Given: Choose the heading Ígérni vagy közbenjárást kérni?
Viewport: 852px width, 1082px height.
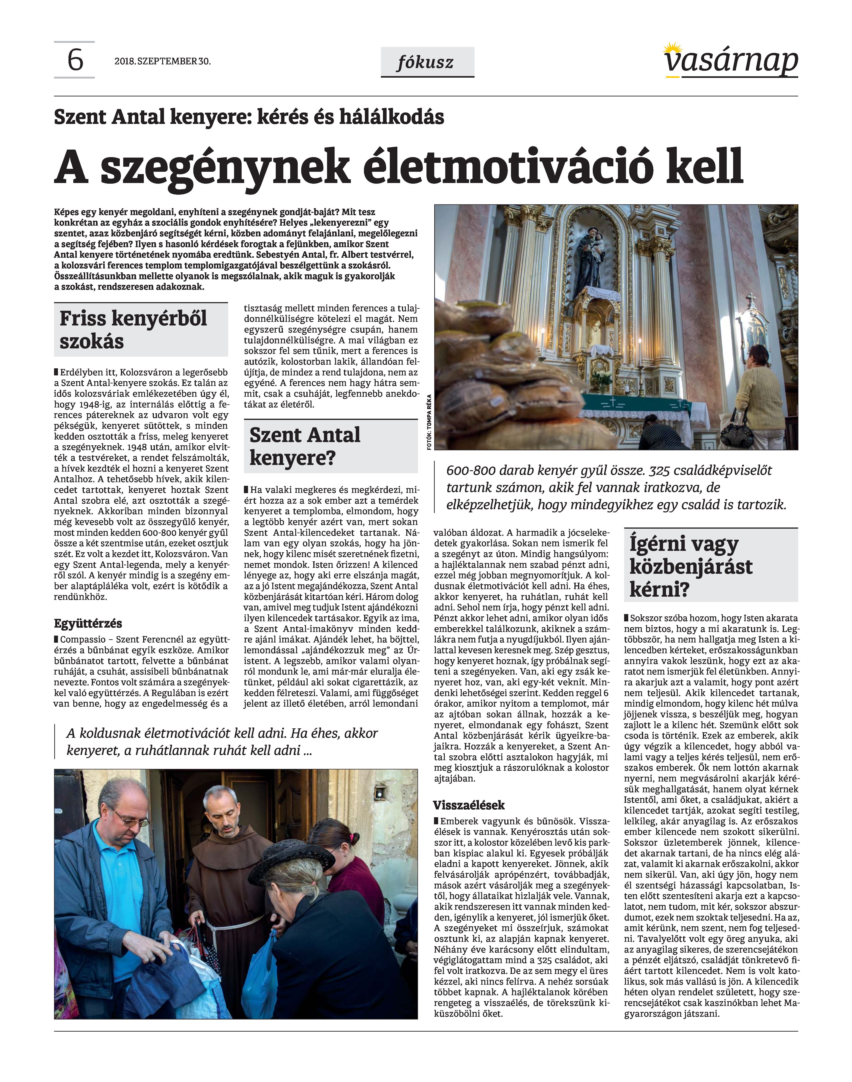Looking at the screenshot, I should pyautogui.click(x=691, y=566).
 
